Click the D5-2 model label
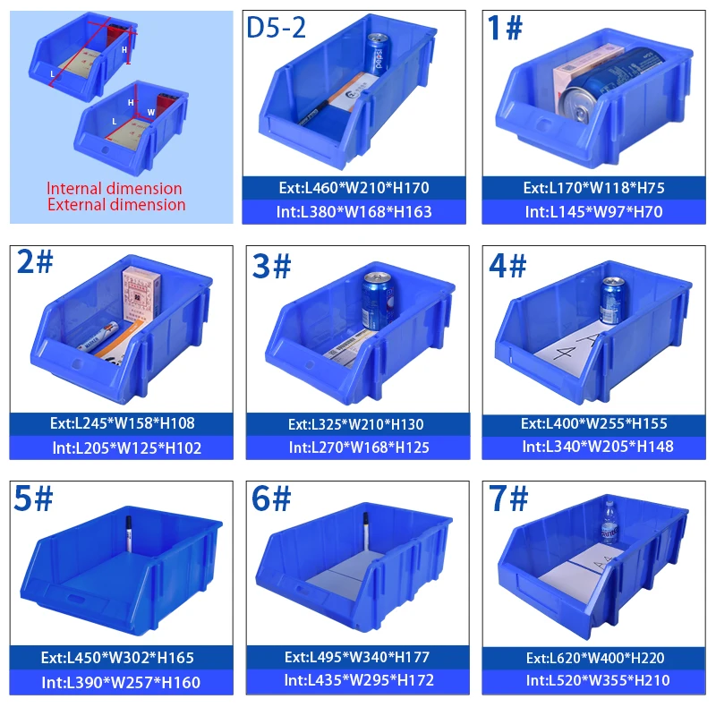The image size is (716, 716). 277,29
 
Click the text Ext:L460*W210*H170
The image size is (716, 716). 354,188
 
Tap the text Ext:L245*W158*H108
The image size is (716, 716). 122,422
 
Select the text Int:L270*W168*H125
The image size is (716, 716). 356,447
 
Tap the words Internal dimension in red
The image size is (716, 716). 114,189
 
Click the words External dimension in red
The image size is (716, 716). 116,205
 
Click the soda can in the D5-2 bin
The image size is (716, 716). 378,54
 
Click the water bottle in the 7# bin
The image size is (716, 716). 609,523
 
